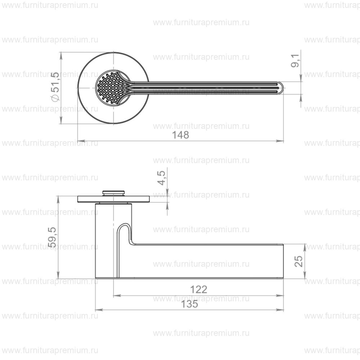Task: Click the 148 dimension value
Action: tap(180, 135)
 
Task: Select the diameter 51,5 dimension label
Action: tap(56, 86)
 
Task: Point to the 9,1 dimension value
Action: tap(295, 60)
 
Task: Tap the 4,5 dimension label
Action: tap(162, 178)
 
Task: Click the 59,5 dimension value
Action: tap(53, 237)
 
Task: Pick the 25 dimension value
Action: tap(299, 261)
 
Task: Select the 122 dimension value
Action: tap(199, 289)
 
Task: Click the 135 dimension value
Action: tap(190, 304)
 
